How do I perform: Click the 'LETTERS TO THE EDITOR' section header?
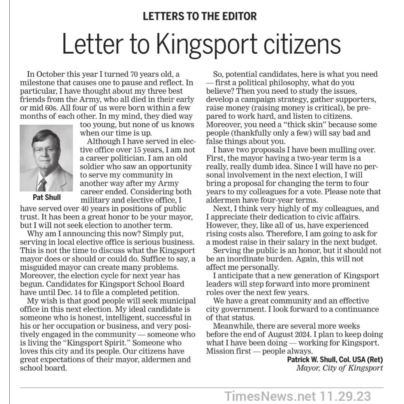[200, 16]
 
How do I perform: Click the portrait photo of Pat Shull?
[46, 157]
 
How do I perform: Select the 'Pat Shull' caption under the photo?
[46, 197]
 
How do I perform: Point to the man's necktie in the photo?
[42, 184]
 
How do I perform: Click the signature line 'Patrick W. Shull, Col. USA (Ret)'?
[335, 360]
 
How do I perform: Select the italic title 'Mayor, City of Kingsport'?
[339, 368]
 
